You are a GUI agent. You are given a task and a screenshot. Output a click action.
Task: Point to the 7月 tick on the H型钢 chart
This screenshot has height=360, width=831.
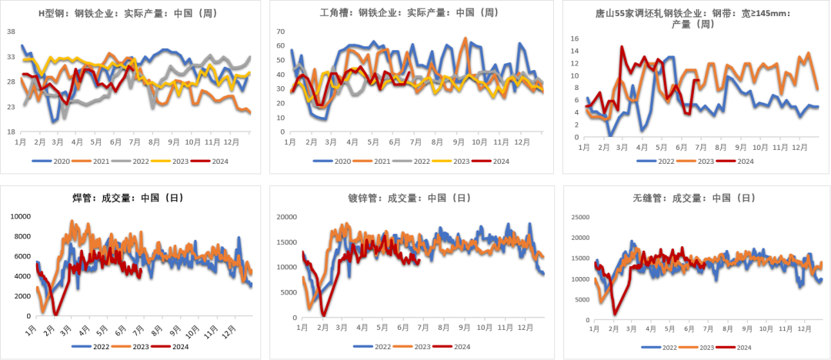pos(135,142)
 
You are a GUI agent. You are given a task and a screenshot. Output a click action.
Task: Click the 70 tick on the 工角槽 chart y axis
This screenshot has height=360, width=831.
pos(280,32)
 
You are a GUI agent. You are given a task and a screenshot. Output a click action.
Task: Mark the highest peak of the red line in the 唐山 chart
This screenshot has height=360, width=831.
pos(621,46)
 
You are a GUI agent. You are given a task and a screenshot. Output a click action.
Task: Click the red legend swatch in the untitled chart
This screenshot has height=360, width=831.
pos(160,346)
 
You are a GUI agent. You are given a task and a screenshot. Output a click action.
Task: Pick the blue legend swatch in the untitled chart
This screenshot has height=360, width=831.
pos(81,346)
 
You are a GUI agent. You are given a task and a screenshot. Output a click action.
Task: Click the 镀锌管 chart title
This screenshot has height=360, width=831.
pos(412,198)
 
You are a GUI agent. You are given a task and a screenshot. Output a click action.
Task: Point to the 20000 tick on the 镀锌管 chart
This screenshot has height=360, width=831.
pos(285,217)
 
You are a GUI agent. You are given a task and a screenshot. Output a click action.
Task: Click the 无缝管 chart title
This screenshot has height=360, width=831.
pos(698,198)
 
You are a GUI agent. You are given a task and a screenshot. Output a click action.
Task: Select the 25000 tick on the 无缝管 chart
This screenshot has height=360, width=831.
pos(579,217)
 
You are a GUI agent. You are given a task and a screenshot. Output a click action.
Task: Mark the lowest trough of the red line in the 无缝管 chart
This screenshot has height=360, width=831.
pos(614,314)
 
